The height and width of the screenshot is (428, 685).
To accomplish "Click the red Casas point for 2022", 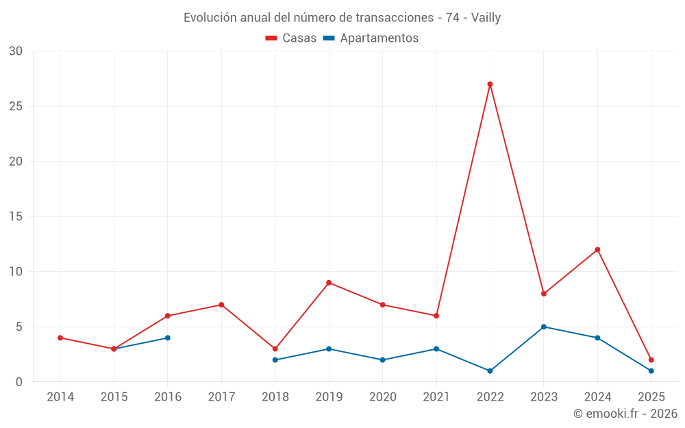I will click(x=490, y=84).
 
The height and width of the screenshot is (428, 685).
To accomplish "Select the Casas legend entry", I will click(x=291, y=38).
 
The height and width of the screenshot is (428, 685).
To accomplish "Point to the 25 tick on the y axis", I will click(x=16, y=106).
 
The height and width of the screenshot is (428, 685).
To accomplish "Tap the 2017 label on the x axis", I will click(x=221, y=397).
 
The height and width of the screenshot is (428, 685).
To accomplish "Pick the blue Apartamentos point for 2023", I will click(x=544, y=327).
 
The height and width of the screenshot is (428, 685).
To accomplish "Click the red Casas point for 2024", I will click(x=597, y=249).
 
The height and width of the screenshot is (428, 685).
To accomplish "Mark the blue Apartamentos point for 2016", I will click(x=167, y=338).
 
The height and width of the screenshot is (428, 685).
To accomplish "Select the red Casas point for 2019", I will click(x=329, y=283).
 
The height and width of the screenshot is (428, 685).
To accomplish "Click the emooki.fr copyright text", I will click(x=625, y=414).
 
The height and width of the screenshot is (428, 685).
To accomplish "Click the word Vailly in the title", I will click(x=486, y=18).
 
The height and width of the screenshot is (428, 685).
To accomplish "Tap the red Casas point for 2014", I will click(x=60, y=338).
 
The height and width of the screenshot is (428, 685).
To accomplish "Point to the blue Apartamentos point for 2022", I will click(x=490, y=370).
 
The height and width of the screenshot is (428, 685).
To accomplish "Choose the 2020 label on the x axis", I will click(x=383, y=397).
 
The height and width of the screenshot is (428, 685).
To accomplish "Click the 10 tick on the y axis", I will click(x=16, y=272).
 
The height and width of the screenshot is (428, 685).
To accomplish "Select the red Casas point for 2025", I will click(x=651, y=360).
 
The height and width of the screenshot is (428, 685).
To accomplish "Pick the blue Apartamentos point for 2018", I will click(x=275, y=360).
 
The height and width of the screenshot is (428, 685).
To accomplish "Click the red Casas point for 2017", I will click(x=221, y=305).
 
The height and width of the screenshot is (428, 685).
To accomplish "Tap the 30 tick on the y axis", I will click(x=16, y=51).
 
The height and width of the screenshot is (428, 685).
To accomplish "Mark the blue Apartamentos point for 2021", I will click(x=436, y=349).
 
